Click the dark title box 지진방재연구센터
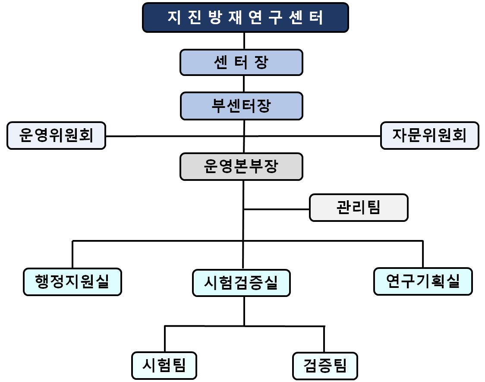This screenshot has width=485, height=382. pos(245,18)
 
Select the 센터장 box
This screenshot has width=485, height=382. pos(241,63)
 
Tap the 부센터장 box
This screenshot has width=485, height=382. pos(241,106)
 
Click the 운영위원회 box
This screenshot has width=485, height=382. pos(56,136)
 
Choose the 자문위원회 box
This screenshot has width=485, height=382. pos(429,136)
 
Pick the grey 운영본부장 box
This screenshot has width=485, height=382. pos(241,167)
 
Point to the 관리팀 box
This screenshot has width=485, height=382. pos(358,208)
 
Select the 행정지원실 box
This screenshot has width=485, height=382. pos(72,282)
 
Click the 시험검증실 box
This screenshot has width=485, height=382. pos(241,283)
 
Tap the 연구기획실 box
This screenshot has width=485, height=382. pos(423,281)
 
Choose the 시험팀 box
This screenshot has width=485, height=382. pos(164,366)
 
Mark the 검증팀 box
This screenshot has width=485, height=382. pos(325,366)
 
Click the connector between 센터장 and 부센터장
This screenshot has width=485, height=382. pos(244,84)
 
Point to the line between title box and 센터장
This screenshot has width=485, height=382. pos(245,41)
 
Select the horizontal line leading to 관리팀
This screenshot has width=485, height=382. pos(276,209)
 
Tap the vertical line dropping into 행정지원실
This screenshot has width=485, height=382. pos(72,255)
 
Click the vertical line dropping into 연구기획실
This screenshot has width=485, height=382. pos(422,254)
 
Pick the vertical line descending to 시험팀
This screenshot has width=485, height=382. pos(165,339)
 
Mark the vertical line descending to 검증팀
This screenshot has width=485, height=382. pos(324,339)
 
